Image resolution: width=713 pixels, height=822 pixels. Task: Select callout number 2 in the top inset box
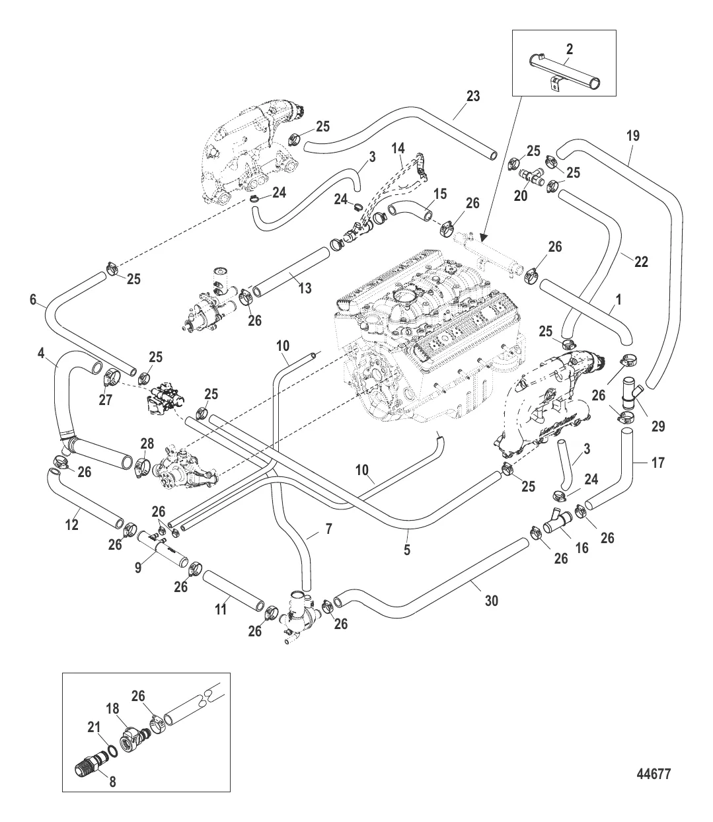[x=570, y=48]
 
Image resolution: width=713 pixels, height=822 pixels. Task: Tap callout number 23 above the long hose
[x=472, y=96]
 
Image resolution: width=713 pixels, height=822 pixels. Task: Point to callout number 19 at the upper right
[x=632, y=137]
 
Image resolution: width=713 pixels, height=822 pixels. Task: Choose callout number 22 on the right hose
[x=641, y=262]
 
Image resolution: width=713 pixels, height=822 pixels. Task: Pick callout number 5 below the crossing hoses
[x=406, y=548]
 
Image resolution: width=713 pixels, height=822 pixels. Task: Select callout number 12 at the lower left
[x=71, y=525]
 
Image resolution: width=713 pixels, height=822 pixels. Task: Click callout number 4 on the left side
[x=42, y=354]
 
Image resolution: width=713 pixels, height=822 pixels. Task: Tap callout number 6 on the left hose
[x=33, y=299]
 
